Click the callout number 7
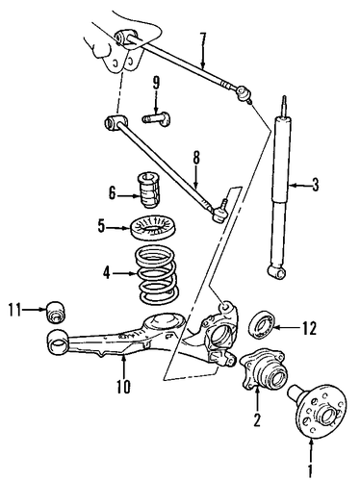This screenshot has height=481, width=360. (x=202, y=40)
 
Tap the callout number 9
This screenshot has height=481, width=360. (x=156, y=84)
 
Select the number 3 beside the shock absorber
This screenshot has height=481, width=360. (x=316, y=185)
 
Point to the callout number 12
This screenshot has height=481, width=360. (x=309, y=328)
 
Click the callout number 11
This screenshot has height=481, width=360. (x=14, y=310)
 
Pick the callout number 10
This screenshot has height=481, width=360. (x=123, y=387)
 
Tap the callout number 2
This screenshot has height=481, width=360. (x=257, y=419)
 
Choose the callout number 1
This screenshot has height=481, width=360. (x=310, y=471)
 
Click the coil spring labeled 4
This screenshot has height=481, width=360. (x=157, y=274)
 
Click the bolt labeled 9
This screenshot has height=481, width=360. (x=156, y=119)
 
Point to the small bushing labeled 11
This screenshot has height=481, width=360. (x=57, y=311)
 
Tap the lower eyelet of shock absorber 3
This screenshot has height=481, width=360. (x=276, y=273)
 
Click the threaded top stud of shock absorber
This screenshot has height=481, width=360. (x=284, y=106)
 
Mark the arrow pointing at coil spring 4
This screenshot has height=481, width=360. (x=124, y=274)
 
